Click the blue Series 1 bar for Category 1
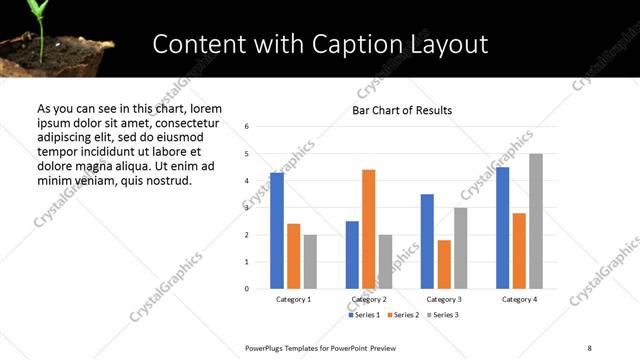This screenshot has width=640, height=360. [277, 231]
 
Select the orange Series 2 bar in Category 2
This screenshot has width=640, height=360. [369, 229]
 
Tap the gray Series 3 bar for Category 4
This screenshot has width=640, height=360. [536, 221]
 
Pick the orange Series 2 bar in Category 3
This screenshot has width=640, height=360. [444, 264]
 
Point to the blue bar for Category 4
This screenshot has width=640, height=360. [503, 228]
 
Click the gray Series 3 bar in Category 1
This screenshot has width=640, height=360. [310, 262]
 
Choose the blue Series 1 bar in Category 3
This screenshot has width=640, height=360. [427, 241]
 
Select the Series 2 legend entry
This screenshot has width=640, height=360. [402, 315]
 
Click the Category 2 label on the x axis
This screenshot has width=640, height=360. [369, 300]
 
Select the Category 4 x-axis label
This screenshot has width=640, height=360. [519, 300]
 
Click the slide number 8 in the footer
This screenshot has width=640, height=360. [589, 348]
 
